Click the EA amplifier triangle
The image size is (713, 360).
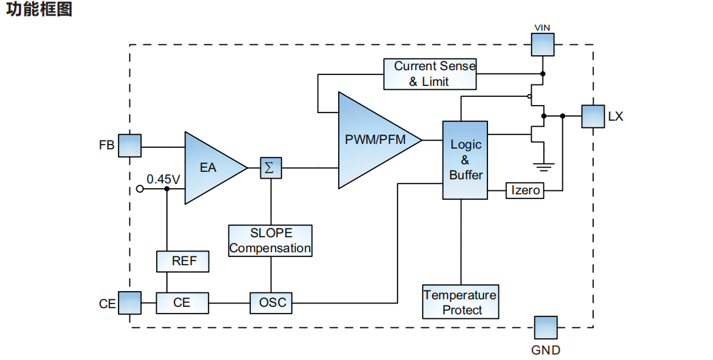pos(209,167)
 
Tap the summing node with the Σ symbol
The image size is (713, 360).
pos(270,168)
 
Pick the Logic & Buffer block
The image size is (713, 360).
pos(466,160)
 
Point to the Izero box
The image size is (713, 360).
pos(525,190)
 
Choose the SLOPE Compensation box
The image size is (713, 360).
pos(270,241)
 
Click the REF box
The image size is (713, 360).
pos(182,261)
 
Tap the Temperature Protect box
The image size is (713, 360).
pos(460,302)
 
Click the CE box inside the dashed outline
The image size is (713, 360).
pos(182,302)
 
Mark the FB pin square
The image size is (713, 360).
pos(130,145)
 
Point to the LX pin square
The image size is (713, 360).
pos(592,116)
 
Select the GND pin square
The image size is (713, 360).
pos(545,327)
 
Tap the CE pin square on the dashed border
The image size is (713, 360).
pos(130,303)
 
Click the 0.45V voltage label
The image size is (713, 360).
pos(163,179)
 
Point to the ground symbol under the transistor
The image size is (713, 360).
pos(543,164)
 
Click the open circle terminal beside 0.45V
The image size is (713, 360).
pos(140,189)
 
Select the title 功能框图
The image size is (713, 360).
pos(39,10)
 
